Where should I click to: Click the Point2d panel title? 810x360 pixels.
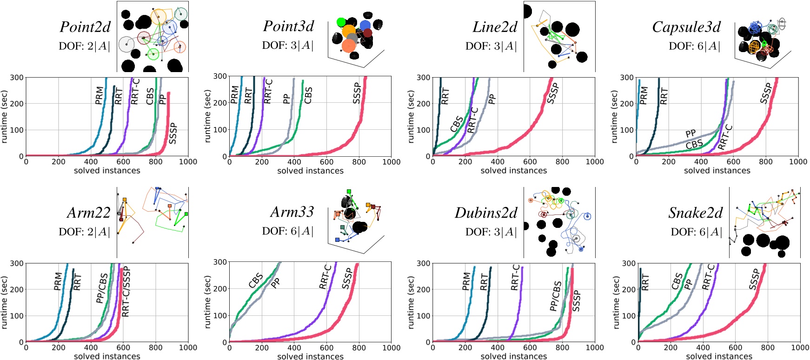pos(85,27)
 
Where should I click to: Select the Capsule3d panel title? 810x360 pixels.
pos(686,27)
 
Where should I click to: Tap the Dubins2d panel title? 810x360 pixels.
pos(486,213)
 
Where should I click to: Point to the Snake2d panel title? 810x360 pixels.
pos(696,213)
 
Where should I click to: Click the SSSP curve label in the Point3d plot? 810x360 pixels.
pos(357,93)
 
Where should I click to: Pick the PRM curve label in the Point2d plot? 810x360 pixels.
pos(99,95)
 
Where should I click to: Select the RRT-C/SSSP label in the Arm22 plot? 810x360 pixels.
pos(126,292)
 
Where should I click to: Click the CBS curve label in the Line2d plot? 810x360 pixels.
pos(457,123)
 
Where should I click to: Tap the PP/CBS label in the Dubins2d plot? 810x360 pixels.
pos(556,295)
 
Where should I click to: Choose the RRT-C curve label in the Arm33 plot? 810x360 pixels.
pos(325,277)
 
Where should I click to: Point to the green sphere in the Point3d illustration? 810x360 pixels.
pos(341,22)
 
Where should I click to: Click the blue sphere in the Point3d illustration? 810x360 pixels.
pos(365,25)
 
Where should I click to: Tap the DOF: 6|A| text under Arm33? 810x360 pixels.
pos(287,232)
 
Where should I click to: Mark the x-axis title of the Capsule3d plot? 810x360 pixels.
pos(717,171)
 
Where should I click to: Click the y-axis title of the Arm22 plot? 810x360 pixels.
pos(5,303)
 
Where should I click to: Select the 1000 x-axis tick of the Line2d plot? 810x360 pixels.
pos(595,162)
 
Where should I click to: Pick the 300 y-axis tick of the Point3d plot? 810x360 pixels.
pos(220,76)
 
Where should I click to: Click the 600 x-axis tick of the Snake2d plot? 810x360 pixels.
pos(735,347)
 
